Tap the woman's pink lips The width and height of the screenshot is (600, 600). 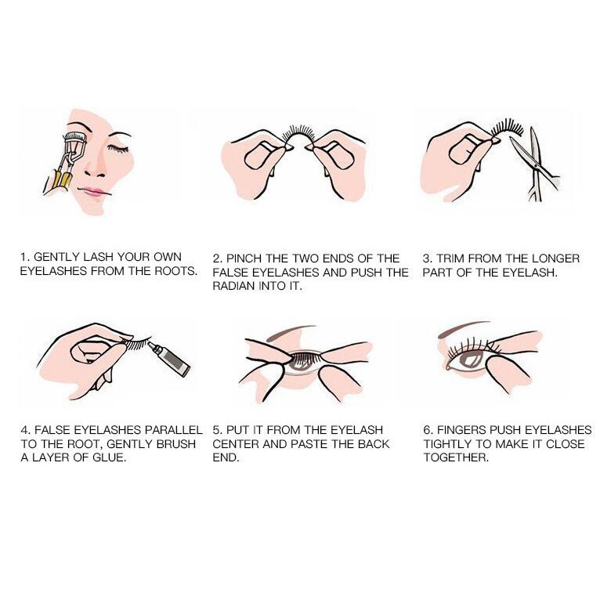[x=92, y=192]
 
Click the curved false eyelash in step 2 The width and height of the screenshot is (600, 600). [x=298, y=134]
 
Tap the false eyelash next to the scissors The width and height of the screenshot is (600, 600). [x=507, y=128]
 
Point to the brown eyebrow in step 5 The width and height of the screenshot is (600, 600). [x=291, y=332]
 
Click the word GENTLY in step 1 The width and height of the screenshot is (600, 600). [x=56, y=257]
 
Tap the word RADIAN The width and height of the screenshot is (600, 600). [x=233, y=286]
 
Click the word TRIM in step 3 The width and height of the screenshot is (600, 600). [x=450, y=258]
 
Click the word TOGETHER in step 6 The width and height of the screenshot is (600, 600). [x=456, y=457]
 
